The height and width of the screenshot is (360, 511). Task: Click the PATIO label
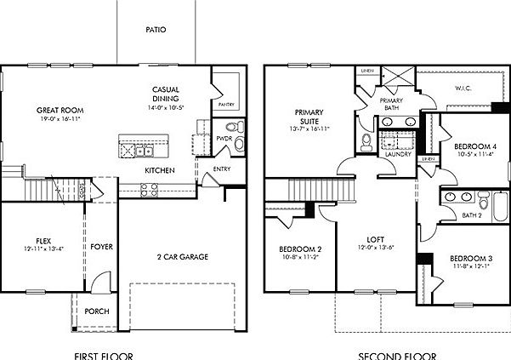(155, 30)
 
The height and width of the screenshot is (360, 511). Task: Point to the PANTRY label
(225, 105)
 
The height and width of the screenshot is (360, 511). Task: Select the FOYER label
(102, 247)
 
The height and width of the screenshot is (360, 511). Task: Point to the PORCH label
(96, 311)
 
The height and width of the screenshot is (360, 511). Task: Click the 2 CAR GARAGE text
(182, 257)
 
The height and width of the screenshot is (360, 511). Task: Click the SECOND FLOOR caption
(396, 354)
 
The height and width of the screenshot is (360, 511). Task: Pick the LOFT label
(374, 241)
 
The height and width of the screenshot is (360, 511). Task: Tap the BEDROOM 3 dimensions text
(470, 266)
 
